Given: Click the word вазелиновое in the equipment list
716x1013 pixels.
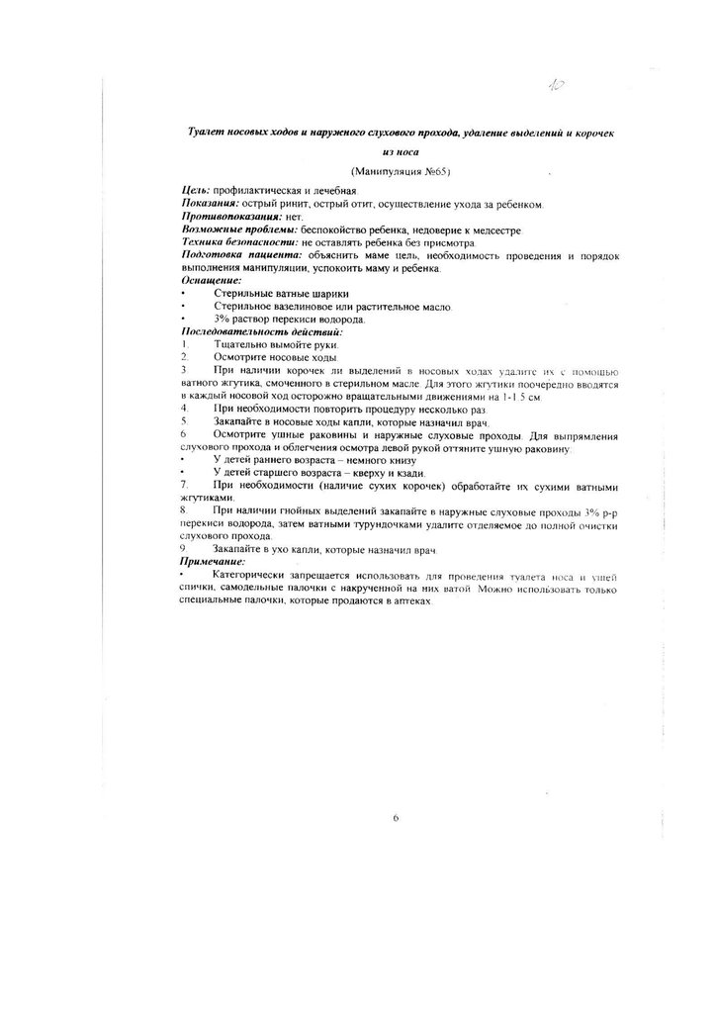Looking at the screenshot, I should [x=287, y=307].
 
